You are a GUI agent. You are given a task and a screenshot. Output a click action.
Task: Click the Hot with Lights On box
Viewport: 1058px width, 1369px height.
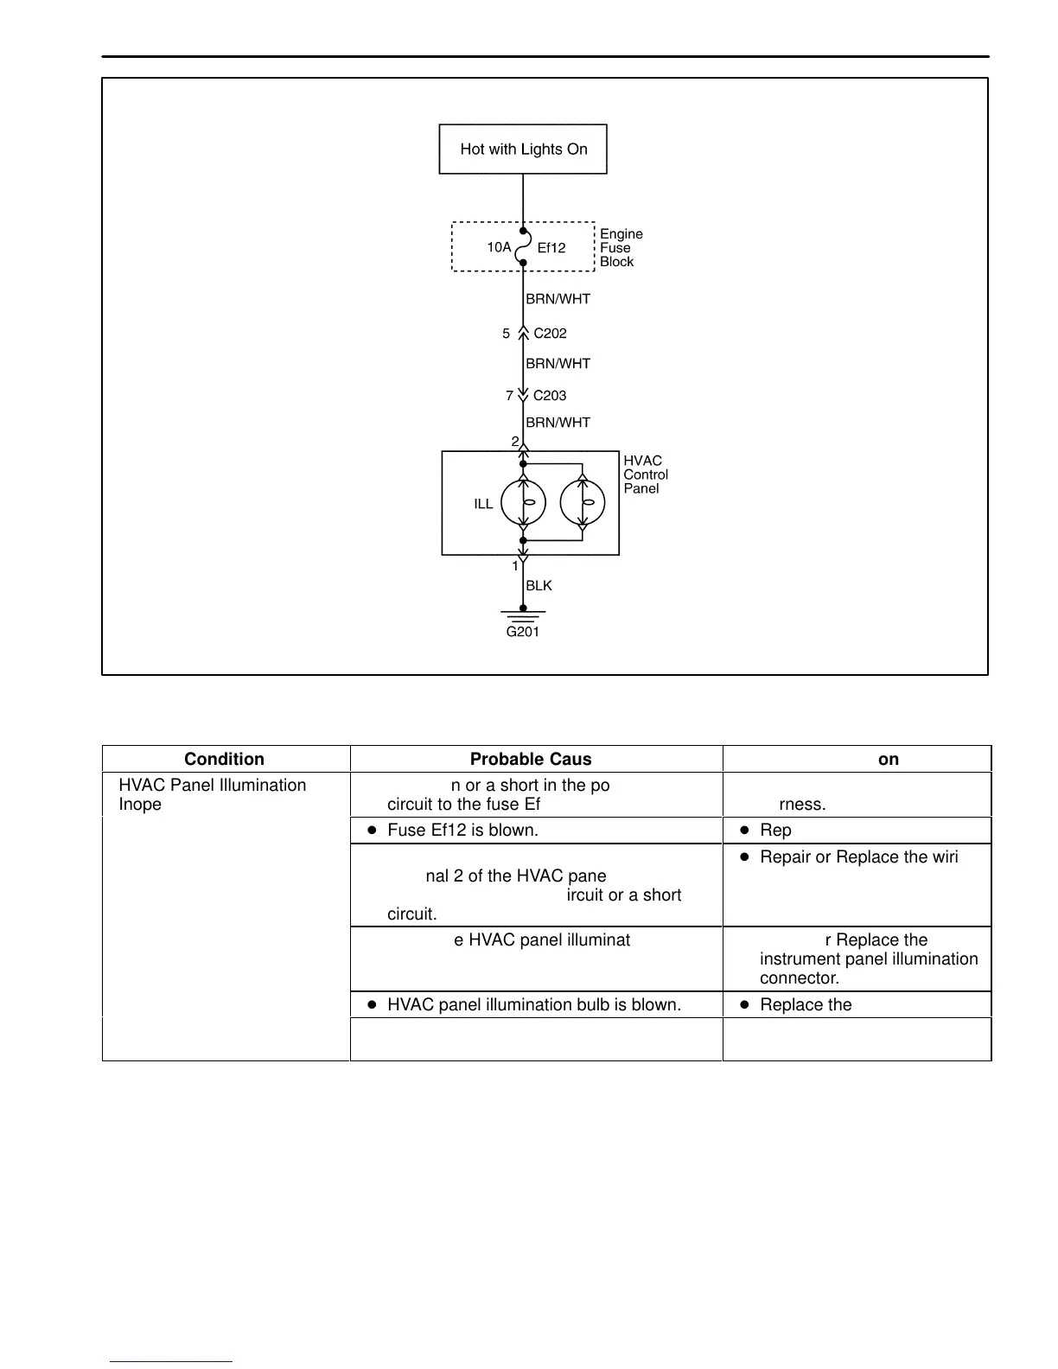523,149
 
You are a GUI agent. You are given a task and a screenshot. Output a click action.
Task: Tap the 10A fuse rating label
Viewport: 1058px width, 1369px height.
499,247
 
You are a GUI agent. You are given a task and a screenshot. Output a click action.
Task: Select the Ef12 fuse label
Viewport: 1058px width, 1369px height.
551,248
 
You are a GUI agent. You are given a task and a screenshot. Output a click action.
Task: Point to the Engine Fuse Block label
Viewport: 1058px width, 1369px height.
621,248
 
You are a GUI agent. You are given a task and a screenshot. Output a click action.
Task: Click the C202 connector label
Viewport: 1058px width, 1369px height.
550,334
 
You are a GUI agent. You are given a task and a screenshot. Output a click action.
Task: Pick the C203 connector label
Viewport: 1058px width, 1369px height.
550,396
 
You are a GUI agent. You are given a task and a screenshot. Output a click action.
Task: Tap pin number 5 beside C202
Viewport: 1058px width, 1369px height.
507,334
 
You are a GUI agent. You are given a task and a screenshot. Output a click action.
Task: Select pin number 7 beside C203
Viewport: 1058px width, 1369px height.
510,396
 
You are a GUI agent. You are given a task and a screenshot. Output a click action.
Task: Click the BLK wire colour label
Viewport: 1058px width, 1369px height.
539,586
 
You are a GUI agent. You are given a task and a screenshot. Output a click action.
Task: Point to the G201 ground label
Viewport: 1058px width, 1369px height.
523,632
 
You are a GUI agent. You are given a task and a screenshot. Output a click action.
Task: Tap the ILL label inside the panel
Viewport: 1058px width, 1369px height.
483,504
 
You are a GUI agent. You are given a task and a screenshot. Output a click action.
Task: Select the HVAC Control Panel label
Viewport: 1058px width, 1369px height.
646,474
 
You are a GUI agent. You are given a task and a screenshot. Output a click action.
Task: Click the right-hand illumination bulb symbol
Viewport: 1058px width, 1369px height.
583,502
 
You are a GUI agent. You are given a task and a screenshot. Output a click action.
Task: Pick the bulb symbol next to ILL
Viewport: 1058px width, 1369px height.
523,502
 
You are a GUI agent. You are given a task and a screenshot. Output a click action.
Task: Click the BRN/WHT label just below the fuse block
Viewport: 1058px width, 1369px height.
558,299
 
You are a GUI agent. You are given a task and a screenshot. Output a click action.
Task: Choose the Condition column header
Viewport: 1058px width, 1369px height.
224,759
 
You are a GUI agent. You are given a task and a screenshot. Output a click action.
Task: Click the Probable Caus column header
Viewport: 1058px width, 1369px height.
531,759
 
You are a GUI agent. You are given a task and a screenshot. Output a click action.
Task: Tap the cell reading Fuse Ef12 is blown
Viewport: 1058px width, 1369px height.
462,830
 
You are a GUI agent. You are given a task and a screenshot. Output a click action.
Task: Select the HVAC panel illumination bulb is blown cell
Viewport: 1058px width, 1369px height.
533,1004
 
